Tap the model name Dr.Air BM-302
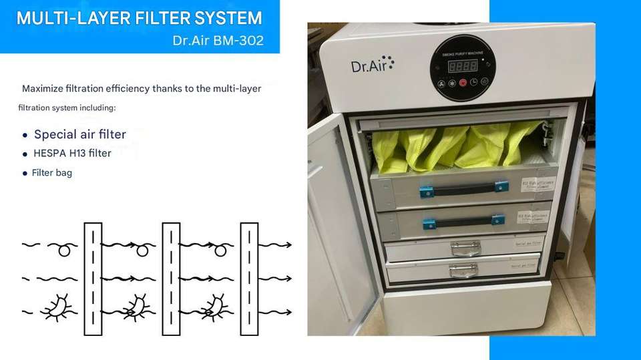(217, 41)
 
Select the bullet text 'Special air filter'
(80, 134)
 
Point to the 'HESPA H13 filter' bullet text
(72, 154)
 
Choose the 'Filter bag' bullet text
(52, 173)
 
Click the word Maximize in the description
(46, 88)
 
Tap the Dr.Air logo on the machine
(372, 65)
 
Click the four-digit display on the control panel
(462, 65)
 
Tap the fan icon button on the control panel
(441, 83)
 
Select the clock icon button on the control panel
(473, 82)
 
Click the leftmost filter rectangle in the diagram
(93, 279)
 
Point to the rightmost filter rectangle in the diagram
(249, 279)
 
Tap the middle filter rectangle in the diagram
(171, 279)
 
